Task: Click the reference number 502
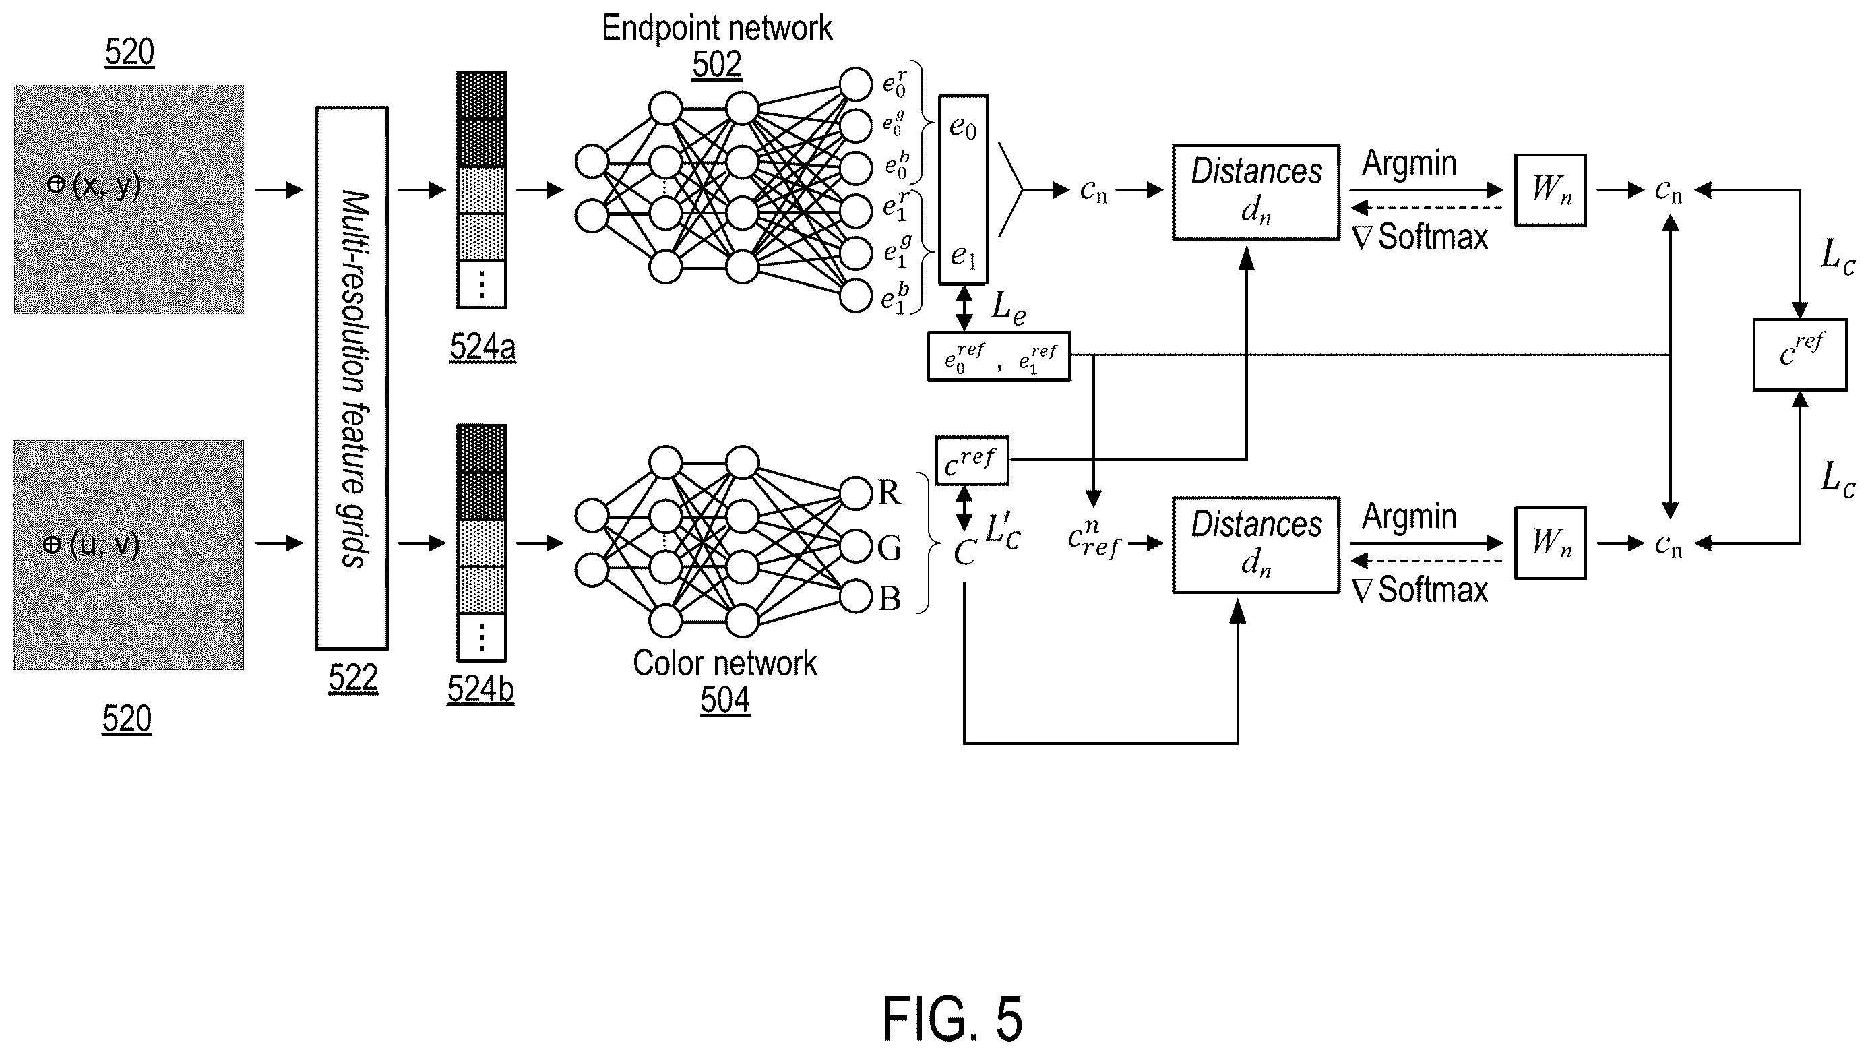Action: (716, 65)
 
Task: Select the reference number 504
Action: (724, 700)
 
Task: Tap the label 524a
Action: (482, 346)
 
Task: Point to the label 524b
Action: (480, 688)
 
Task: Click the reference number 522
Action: (353, 678)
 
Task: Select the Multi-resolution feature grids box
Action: (352, 378)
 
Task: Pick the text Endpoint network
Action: (717, 28)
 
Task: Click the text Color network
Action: (724, 663)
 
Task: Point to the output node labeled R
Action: (856, 493)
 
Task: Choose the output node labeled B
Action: (856, 597)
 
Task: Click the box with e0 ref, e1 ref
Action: (999, 357)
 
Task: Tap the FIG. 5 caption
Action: (952, 1019)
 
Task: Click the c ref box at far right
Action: (1800, 355)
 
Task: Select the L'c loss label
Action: (1003, 533)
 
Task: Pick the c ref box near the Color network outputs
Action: (971, 460)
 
